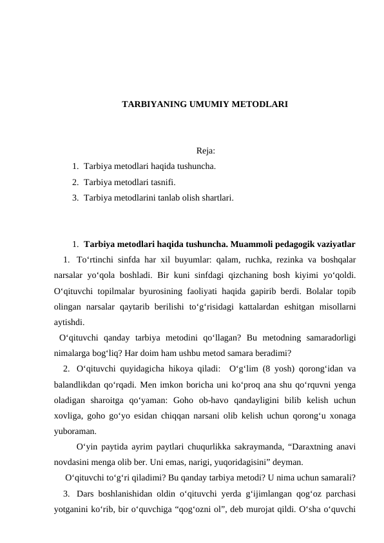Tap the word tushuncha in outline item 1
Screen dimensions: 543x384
click(x=197, y=166)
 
